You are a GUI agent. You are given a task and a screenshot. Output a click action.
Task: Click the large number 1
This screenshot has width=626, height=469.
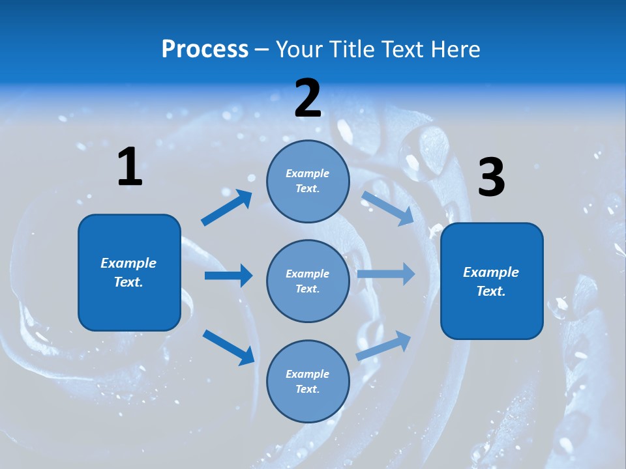[130, 167]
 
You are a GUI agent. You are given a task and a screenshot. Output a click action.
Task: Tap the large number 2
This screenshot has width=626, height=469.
[308, 99]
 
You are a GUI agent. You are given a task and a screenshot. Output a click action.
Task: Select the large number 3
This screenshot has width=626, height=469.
[491, 178]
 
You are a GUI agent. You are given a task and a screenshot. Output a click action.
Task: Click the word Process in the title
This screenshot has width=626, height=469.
[205, 49]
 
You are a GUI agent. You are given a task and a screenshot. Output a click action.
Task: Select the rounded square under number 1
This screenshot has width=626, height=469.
[129, 272]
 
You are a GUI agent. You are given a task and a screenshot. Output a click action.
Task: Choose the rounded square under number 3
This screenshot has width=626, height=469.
[492, 281]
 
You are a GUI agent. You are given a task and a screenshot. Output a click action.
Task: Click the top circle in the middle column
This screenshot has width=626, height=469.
[308, 181]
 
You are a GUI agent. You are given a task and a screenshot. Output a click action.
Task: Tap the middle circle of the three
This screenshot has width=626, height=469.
[308, 281]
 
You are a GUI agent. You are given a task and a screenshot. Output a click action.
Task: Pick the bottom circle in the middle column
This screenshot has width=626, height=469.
[308, 381]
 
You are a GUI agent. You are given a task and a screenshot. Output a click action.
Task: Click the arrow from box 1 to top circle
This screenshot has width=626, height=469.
[226, 208]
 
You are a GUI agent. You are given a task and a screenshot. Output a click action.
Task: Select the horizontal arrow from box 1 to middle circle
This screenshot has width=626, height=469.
[228, 276]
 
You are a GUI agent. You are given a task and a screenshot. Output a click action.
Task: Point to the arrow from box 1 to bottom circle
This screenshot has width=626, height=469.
[228, 347]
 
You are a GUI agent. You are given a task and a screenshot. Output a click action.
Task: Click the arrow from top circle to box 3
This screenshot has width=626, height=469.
[387, 208]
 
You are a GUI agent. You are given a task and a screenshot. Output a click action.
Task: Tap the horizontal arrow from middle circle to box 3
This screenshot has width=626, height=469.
[386, 274]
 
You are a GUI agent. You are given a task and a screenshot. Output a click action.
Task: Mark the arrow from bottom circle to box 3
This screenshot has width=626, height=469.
[383, 346]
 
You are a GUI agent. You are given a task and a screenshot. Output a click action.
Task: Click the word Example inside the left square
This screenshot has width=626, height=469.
[128, 263]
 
